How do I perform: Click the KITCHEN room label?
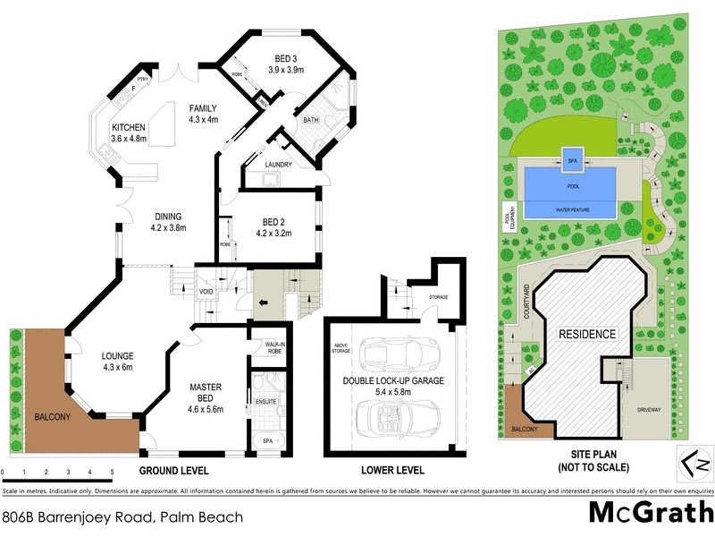click(x=128, y=127)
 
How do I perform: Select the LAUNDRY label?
click(x=279, y=165)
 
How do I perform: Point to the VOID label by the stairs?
click(x=206, y=292)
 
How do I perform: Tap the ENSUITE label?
click(x=266, y=401)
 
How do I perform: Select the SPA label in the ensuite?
click(x=267, y=441)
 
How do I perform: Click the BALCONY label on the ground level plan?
click(x=53, y=417)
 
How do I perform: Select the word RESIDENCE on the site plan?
click(x=587, y=335)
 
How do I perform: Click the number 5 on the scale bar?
click(x=112, y=471)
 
